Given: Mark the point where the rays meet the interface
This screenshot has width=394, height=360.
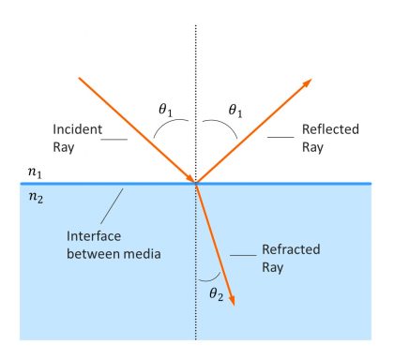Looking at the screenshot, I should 196,184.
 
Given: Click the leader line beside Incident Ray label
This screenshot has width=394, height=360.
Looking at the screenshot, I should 115,141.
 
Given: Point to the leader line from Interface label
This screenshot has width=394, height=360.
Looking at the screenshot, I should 113,202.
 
